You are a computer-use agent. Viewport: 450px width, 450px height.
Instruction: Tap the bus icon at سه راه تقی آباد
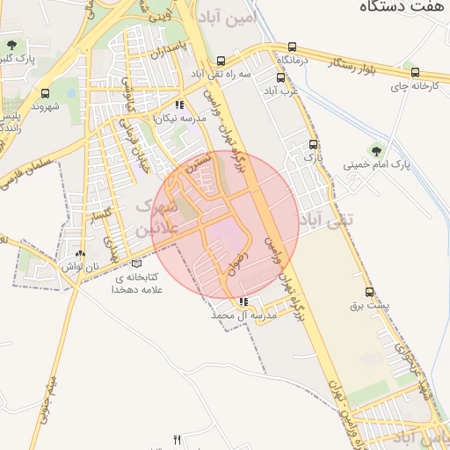(x=221, y=62)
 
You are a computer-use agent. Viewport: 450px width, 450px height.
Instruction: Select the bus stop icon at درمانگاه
(x=292, y=47)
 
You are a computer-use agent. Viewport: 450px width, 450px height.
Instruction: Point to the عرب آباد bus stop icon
(x=280, y=77)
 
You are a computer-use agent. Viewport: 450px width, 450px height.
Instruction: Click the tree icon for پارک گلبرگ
(x=11, y=44)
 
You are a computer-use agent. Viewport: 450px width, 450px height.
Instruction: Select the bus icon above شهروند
(x=44, y=93)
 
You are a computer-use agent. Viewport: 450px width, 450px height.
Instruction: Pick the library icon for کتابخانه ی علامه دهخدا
(x=134, y=263)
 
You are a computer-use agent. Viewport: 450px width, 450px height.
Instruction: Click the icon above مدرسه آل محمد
(x=243, y=301)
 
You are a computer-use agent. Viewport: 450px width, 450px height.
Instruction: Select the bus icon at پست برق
(x=368, y=294)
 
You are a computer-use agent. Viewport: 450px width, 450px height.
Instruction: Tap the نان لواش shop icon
(x=81, y=253)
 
